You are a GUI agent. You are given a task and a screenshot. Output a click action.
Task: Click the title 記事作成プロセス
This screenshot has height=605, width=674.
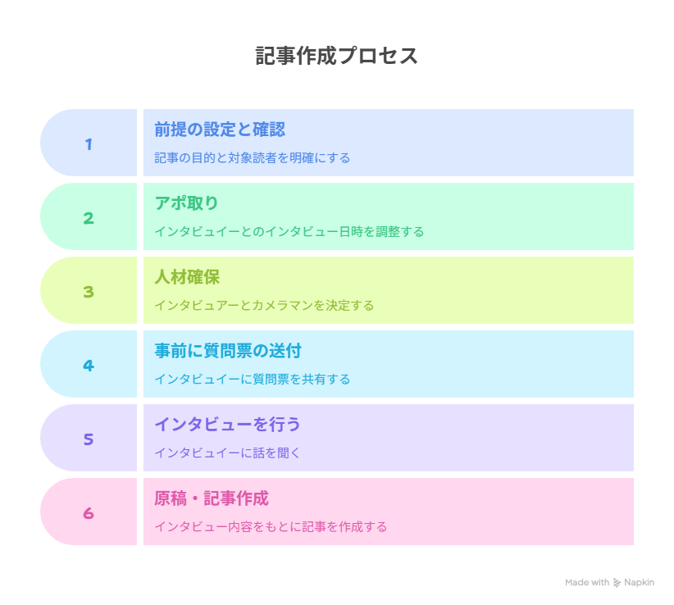click(336, 56)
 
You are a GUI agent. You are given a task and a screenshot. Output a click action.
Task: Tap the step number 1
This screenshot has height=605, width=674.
click(89, 144)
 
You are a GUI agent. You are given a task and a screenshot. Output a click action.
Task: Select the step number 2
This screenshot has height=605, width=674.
click(89, 218)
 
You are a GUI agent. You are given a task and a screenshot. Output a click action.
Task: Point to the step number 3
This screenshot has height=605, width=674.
click(89, 292)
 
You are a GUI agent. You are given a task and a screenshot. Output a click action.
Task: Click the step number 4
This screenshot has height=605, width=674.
click(89, 366)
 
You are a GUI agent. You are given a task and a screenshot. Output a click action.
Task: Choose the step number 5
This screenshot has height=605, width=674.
click(89, 439)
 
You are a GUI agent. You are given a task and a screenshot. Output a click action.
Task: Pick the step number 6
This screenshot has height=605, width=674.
click(89, 513)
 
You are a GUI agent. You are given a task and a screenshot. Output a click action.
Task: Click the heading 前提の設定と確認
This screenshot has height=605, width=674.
click(220, 130)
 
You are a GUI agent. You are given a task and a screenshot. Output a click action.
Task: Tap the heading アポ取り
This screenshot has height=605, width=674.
click(187, 203)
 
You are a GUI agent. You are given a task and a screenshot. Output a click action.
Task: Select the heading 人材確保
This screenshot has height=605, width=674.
click(187, 277)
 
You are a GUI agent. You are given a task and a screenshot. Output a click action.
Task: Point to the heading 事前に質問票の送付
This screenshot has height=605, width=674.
click(228, 351)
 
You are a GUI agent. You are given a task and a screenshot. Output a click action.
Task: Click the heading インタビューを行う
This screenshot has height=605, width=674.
click(227, 425)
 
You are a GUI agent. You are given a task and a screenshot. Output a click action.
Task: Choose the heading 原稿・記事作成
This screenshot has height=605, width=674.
click(212, 498)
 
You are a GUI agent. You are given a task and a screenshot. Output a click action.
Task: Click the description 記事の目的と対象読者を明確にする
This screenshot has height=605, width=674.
click(253, 158)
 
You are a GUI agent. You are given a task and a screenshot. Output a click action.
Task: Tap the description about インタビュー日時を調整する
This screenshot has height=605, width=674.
click(289, 232)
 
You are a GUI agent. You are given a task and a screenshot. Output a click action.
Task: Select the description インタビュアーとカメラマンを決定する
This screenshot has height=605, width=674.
click(264, 306)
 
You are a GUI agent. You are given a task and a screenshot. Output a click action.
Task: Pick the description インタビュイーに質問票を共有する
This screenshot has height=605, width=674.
click(253, 380)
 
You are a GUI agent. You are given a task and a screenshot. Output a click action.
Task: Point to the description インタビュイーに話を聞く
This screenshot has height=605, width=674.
click(227, 453)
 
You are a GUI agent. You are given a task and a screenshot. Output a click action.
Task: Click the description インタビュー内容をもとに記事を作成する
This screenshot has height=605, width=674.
click(271, 527)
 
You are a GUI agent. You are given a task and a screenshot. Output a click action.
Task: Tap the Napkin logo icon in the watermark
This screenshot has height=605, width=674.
click(617, 583)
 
